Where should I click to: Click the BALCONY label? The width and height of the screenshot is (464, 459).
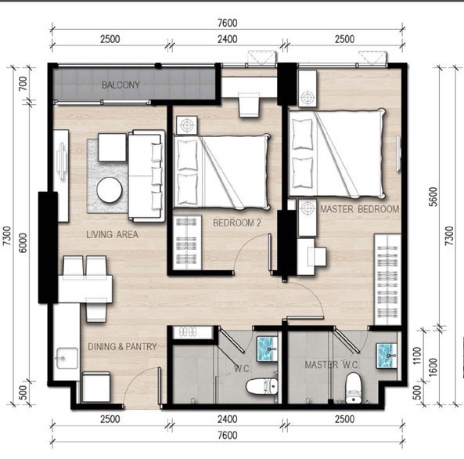tap(120, 85)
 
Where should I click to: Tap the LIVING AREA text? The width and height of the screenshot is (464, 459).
tap(112, 234)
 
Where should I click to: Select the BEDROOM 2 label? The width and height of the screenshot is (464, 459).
tap(237, 222)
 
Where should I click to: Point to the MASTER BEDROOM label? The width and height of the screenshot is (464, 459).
tap(359, 209)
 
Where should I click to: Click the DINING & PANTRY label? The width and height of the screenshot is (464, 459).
tap(122, 346)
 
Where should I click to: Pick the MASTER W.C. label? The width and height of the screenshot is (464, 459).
tap(333, 365)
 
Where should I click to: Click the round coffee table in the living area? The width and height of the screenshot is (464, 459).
tap(110, 190)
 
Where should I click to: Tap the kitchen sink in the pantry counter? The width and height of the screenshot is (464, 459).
tap(67, 358)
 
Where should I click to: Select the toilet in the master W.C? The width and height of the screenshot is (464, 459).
tap(352, 389)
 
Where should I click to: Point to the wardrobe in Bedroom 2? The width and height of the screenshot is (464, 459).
tap(187, 243)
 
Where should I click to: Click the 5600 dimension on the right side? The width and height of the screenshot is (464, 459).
tap(433, 197)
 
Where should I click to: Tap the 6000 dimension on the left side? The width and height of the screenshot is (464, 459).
tap(23, 243)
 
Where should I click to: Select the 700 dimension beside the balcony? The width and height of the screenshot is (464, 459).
tap(23, 84)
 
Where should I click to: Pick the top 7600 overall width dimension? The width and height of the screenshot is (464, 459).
tap(228, 23)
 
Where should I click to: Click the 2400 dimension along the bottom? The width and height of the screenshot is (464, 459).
tap(227, 419)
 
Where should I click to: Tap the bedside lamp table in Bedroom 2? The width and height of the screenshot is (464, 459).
tap(187, 125)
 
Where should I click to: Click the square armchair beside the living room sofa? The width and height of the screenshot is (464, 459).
tap(112, 147)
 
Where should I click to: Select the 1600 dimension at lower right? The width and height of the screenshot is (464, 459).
tap(433, 367)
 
